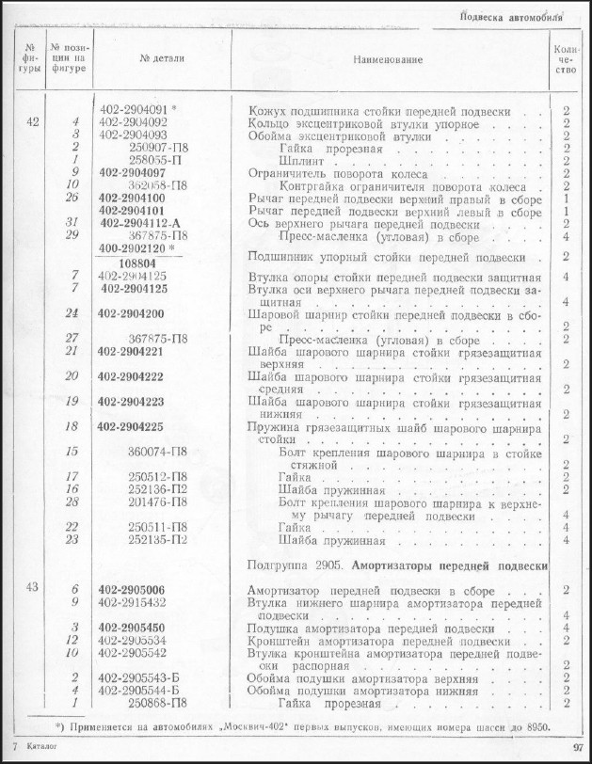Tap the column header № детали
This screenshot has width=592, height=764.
[x=162, y=58]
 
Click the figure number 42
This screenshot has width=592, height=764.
[x=33, y=123]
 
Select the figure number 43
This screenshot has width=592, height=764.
[x=33, y=588]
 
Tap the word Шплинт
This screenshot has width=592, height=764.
[x=300, y=161]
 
